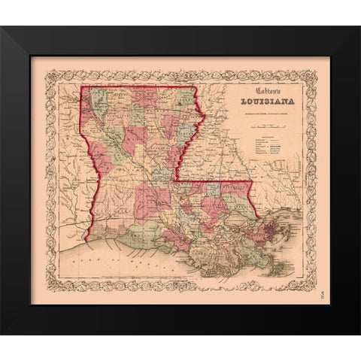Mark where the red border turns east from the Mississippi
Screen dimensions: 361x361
177,180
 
